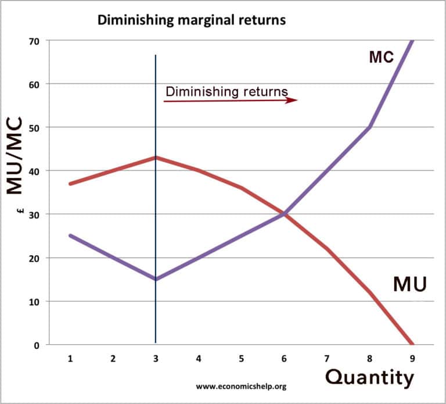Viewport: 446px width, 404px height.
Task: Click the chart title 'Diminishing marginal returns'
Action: pyautogui.click(x=192, y=20)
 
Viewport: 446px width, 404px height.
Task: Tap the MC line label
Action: pyautogui.click(x=382, y=57)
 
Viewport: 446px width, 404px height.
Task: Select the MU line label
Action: pyautogui.click(x=410, y=284)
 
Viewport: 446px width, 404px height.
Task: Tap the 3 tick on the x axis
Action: pyautogui.click(x=156, y=359)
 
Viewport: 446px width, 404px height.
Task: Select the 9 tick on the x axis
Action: pyautogui.click(x=413, y=359)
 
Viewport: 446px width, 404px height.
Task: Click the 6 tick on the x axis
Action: pyautogui.click(x=284, y=359)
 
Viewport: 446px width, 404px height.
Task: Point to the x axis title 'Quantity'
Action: pyautogui.click(x=370, y=378)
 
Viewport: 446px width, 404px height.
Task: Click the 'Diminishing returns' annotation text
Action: pyautogui.click(x=226, y=91)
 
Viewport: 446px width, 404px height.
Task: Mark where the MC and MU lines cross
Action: pyautogui.click(x=284, y=214)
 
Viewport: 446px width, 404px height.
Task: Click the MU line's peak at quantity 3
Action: pyautogui.click(x=156, y=158)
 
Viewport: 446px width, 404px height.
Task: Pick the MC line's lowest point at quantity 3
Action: pyautogui.click(x=156, y=280)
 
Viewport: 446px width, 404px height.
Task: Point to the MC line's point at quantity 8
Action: pyautogui.click(x=370, y=127)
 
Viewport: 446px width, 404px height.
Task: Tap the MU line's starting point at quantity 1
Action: pyautogui.click(x=70, y=184)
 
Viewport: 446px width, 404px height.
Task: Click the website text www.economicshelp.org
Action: pyautogui.click(x=241, y=385)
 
